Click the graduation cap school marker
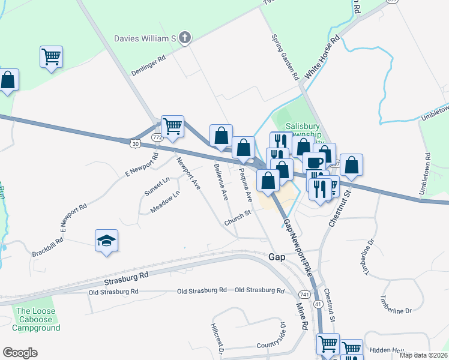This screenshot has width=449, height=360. [107, 241]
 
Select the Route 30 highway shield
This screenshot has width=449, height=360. [134, 143]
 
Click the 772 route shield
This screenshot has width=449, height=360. [157, 137]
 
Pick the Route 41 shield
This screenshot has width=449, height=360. [318, 304]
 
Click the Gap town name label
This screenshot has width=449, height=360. [277, 256]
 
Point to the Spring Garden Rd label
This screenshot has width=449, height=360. [285, 57]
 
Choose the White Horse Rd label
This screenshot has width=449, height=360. [322, 58]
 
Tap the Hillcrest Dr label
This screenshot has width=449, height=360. [217, 339]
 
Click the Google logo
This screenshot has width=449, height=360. [20, 353]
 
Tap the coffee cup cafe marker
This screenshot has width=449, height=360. [313, 163]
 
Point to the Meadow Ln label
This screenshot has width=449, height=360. [166, 202]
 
